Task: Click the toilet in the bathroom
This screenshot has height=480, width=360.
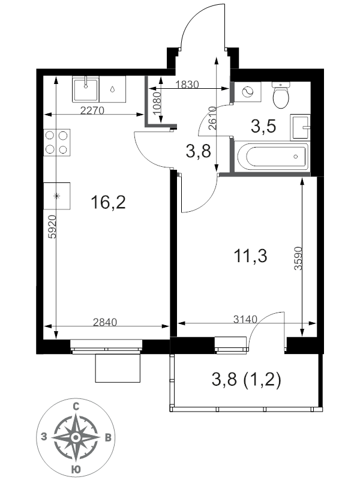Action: (x=281, y=95)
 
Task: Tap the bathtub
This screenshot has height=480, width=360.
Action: (x=272, y=157)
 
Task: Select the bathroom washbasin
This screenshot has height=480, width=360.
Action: (x=300, y=127)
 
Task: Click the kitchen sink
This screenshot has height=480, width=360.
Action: (x=86, y=89)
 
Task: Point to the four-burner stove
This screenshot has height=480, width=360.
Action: (x=57, y=142)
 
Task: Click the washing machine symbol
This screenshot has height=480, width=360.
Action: (x=248, y=92)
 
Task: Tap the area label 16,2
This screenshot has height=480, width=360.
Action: (x=108, y=202)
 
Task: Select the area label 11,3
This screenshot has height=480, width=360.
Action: (x=250, y=256)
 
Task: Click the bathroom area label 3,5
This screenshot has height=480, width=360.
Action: (x=263, y=126)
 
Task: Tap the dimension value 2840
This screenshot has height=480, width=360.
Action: (x=105, y=322)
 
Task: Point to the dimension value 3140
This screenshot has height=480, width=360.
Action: (x=245, y=319)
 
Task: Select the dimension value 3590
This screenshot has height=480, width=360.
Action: (x=298, y=258)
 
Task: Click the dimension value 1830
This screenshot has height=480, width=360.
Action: (x=187, y=84)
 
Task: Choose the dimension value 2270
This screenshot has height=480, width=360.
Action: (x=92, y=110)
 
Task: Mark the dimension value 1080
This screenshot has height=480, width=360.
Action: (x=157, y=103)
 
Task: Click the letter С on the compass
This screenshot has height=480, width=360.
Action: (x=76, y=407)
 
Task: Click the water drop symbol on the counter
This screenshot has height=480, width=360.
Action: (x=113, y=89)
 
